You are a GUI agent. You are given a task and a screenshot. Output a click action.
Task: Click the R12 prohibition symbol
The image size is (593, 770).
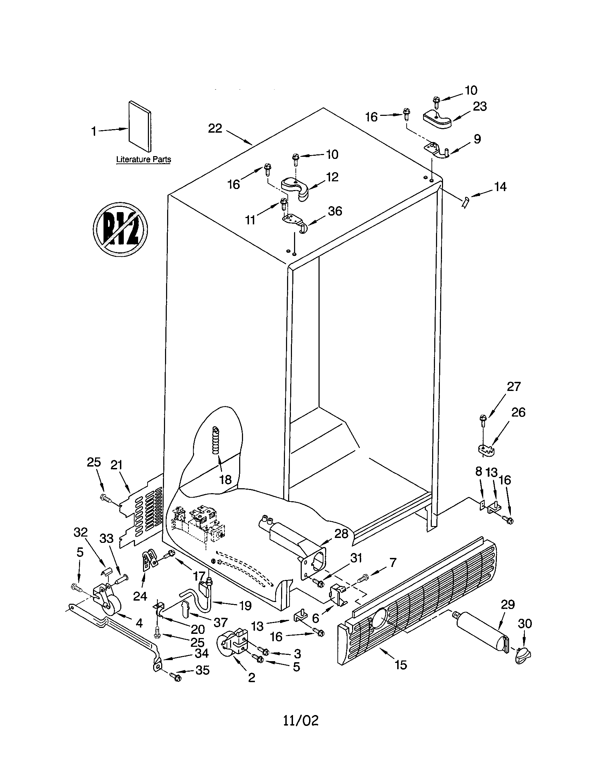120,229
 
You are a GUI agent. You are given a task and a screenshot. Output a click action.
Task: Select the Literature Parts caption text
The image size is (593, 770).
144,159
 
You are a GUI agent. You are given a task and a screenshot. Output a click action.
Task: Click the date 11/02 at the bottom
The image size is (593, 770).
301,720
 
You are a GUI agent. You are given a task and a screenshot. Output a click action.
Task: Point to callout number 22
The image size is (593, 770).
215,128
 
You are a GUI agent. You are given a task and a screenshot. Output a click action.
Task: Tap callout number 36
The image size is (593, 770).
335,211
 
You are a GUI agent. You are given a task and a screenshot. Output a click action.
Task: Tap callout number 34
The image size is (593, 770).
202,653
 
